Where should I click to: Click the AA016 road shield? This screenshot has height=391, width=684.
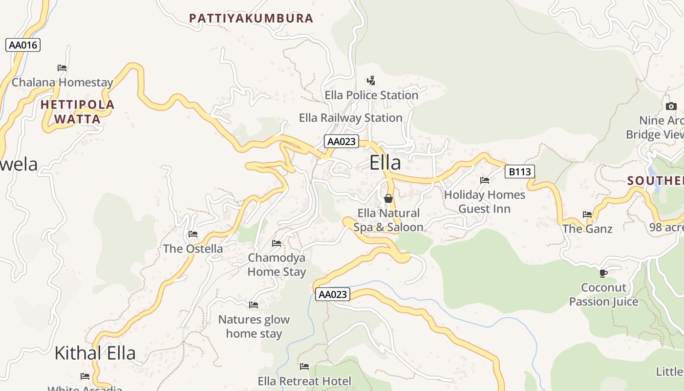pyautogui.click(x=23, y=45)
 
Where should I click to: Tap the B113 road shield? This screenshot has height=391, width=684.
pyautogui.click(x=519, y=172)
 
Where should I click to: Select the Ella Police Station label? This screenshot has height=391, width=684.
pyautogui.click(x=371, y=95)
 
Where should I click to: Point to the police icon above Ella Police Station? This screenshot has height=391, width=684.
pyautogui.click(x=371, y=80)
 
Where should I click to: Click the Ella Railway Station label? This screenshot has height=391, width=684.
pyautogui.click(x=350, y=118)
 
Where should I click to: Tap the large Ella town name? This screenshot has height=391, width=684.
pyautogui.click(x=385, y=163)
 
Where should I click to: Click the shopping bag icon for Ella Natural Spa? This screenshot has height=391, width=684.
pyautogui.click(x=388, y=198)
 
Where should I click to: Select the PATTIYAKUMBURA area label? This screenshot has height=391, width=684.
pyautogui.click(x=251, y=19)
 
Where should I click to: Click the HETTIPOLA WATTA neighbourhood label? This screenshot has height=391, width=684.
pyautogui.click(x=77, y=111)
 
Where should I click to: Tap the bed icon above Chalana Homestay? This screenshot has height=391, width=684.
pyautogui.click(x=62, y=68)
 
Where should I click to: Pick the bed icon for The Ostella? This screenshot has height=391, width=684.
pyautogui.click(x=193, y=234)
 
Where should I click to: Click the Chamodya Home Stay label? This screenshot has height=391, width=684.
pyautogui.click(x=277, y=264)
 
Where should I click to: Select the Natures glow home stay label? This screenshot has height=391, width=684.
pyautogui.click(x=254, y=326)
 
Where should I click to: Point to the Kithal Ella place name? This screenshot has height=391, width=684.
pyautogui.click(x=95, y=353)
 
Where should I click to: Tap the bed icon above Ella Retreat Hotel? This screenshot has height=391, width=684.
pyautogui.click(x=304, y=367)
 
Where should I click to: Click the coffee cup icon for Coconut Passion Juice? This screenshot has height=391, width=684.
pyautogui.click(x=603, y=273)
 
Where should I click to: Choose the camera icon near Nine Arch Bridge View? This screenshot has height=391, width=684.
pyautogui.click(x=671, y=106)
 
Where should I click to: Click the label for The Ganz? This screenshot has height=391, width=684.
pyautogui.click(x=587, y=229)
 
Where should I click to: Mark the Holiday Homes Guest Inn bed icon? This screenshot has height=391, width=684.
pyautogui.click(x=485, y=180)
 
